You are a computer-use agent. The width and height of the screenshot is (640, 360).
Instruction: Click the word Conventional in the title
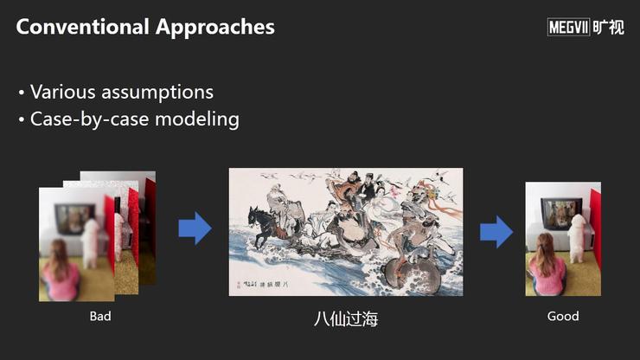click(82, 27)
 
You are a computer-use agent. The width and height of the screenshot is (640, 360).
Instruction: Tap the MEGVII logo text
click(568, 28)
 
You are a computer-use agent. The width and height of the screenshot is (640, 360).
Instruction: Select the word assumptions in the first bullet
click(157, 93)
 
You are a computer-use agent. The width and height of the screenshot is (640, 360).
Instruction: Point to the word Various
click(63, 92)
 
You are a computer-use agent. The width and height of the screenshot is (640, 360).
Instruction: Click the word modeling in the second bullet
click(197, 119)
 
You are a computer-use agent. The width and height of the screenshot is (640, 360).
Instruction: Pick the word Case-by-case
click(89, 119)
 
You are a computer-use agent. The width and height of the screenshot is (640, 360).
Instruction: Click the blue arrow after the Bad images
click(195, 228)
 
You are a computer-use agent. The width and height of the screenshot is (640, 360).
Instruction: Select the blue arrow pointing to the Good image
click(496, 232)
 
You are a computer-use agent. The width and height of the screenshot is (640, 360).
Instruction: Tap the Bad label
click(100, 316)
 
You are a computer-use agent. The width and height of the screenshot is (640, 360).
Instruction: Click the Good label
click(563, 316)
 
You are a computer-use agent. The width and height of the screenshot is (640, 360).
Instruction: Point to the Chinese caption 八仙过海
click(346, 318)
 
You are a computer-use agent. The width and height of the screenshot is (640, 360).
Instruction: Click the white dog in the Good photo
click(578, 239)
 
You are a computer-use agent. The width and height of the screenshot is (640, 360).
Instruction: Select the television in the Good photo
click(561, 213)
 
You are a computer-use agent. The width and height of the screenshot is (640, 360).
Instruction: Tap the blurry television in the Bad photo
click(75, 219)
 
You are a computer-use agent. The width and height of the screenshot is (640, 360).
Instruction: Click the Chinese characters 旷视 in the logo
click(608, 28)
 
